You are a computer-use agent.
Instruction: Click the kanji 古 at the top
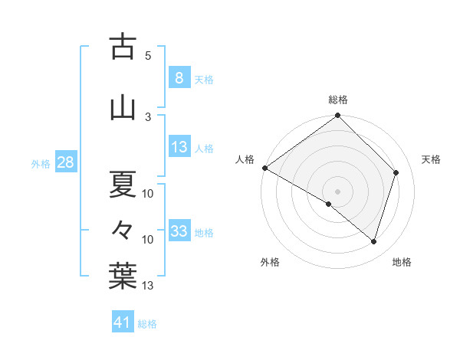pyautogui.click(x=123, y=47)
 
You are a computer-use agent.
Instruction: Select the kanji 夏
pyautogui.click(x=123, y=184)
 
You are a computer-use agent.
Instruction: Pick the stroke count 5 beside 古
pyautogui.click(x=148, y=55)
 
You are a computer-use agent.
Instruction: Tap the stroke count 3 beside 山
pyautogui.click(x=148, y=116)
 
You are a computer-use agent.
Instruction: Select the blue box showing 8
pyautogui.click(x=179, y=78)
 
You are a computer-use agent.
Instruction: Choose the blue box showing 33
pyautogui.click(x=179, y=231)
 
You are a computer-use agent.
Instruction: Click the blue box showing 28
pyautogui.click(x=65, y=162)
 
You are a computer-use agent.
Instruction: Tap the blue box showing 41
pyautogui.click(x=123, y=322)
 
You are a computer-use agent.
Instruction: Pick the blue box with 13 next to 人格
pyautogui.click(x=179, y=147)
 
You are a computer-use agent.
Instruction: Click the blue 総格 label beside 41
pyautogui.click(x=148, y=324)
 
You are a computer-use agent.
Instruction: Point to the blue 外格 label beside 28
pyautogui.click(x=41, y=164)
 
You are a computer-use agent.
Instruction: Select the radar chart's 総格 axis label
pyautogui.click(x=337, y=100)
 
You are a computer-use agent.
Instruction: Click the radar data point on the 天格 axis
pyautogui.click(x=396, y=173)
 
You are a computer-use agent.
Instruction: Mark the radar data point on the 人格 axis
pyautogui.click(x=264, y=168)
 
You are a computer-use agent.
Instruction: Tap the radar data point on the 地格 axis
pyautogui.click(x=373, y=241)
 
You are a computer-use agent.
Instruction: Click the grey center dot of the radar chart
pyautogui.click(x=337, y=191)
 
